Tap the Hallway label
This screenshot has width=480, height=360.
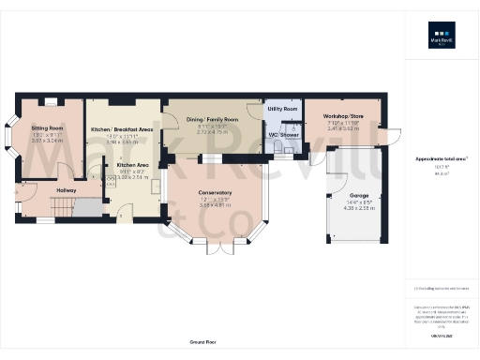pyautogui.click(x=66, y=190)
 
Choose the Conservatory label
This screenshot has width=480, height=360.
pyautogui.click(x=215, y=193)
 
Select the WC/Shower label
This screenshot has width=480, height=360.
pyautogui.click(x=283, y=135)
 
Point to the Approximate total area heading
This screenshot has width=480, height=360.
pyautogui.click(x=440, y=159)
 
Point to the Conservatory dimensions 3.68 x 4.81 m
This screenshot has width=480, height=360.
pyautogui.click(x=215, y=204)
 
